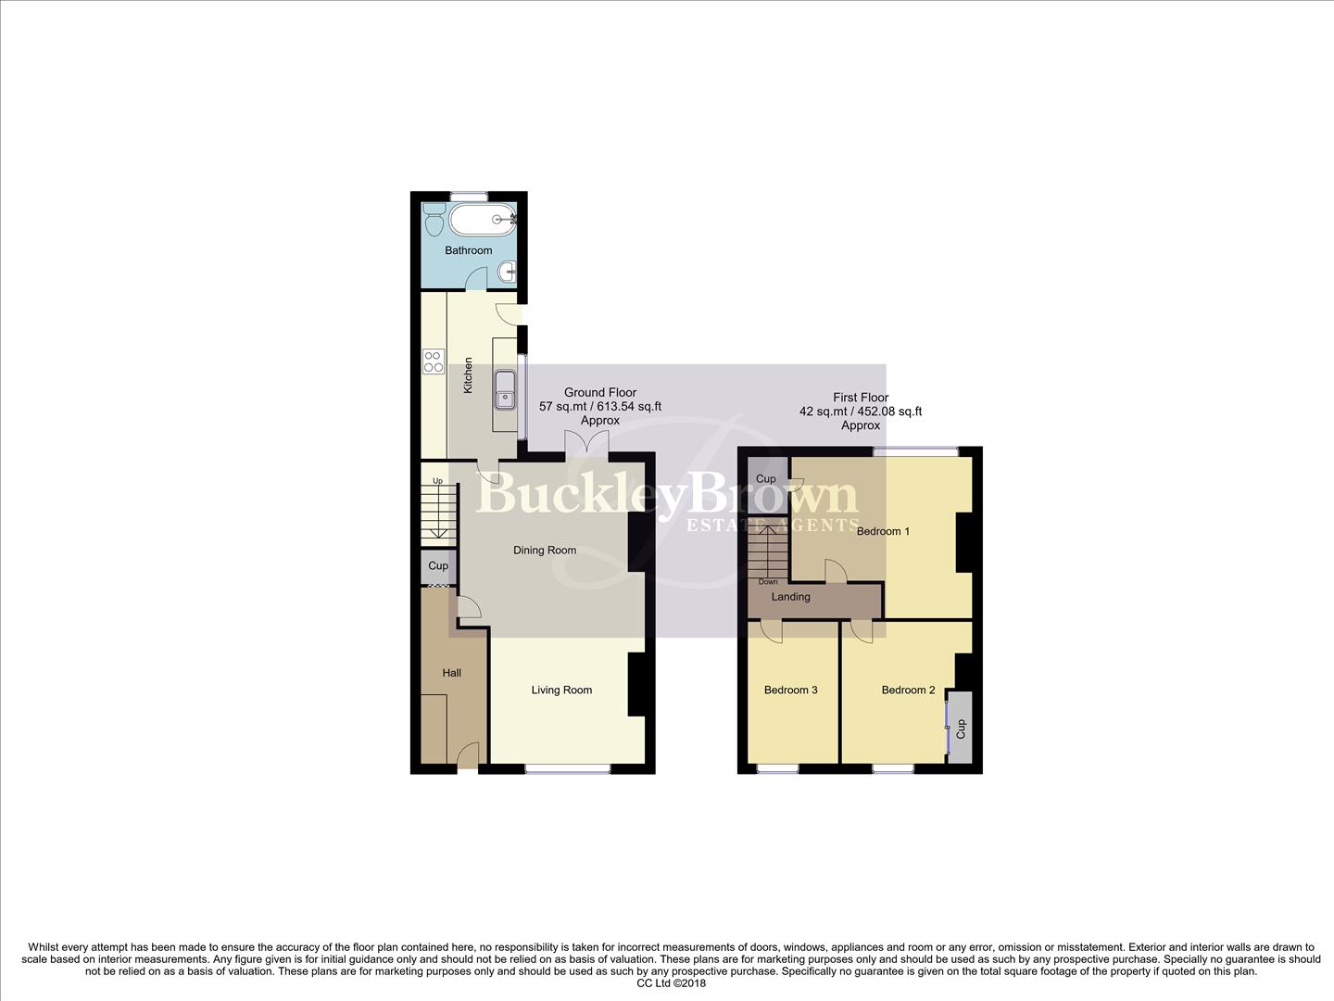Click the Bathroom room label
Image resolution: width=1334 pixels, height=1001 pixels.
click(468, 250)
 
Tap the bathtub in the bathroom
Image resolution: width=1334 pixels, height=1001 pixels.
click(482, 220)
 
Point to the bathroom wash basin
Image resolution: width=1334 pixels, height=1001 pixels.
click(506, 272)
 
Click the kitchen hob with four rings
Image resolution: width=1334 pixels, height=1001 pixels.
click(433, 361)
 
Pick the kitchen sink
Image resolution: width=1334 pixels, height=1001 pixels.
click(505, 388)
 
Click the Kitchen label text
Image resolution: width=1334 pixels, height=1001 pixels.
click(468, 375)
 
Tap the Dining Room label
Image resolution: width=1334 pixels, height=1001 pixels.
click(545, 550)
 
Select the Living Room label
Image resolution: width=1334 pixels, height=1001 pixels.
click(561, 690)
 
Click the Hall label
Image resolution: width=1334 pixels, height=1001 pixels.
click(451, 673)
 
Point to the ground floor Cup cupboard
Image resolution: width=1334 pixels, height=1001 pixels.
click(438, 565)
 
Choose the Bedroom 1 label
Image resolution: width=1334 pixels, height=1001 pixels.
click(883, 531)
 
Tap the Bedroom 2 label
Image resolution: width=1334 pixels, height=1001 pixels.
click(908, 690)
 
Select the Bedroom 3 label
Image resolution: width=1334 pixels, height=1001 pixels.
click(790, 690)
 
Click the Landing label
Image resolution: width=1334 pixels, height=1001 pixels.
click(790, 597)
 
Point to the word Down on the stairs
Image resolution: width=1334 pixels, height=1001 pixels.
click(768, 582)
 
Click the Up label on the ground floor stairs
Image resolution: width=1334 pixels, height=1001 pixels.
click(437, 480)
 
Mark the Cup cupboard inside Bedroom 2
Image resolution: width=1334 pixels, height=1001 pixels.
click(961, 728)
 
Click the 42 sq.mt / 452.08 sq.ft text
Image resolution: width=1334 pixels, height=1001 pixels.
click(860, 412)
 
